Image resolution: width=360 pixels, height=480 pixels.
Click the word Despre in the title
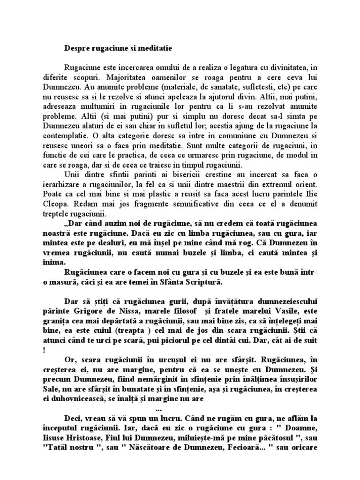click(75, 47)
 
